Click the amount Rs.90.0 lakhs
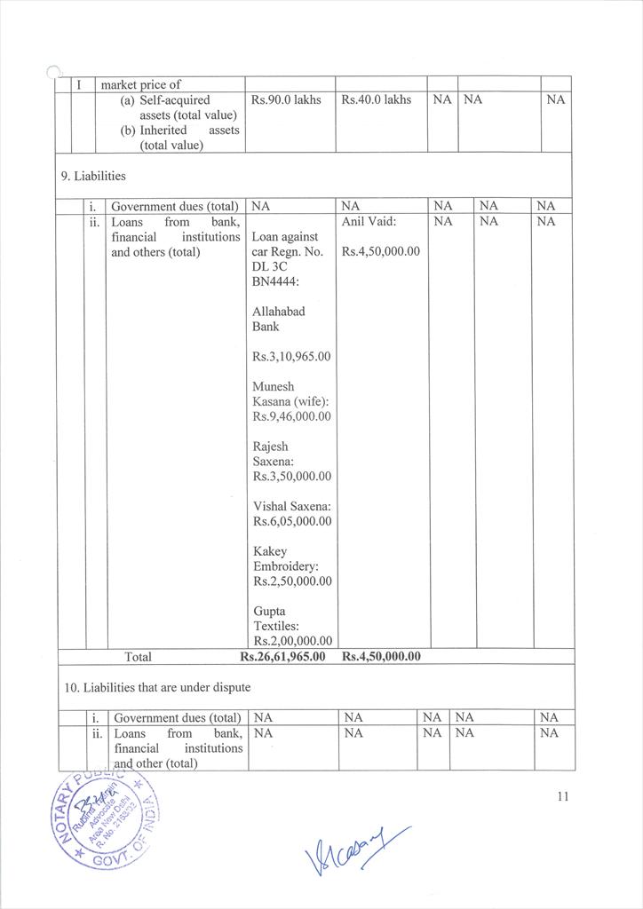286,100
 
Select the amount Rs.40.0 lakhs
376,100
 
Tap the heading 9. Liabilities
93,176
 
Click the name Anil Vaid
369,222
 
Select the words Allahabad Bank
279,320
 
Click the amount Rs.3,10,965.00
291,357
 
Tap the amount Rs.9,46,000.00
291,416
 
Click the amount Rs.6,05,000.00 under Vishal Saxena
291,521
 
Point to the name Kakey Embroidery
285,559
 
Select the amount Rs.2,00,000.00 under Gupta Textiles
292,641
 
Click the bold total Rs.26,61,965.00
282,657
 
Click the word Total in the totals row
138,658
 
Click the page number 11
562,796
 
